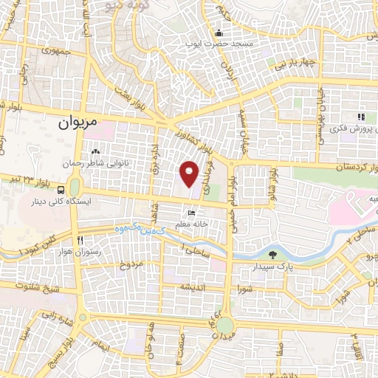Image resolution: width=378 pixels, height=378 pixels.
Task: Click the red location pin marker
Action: [190, 173]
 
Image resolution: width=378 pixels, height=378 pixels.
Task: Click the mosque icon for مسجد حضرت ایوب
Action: [219, 33]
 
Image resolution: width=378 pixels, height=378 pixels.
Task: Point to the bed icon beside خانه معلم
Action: [192, 213]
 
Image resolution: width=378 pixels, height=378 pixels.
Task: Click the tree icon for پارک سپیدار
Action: [273, 254]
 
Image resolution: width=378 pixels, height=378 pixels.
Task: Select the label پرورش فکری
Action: [344, 128]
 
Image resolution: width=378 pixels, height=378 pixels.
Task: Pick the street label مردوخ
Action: [130, 264]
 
